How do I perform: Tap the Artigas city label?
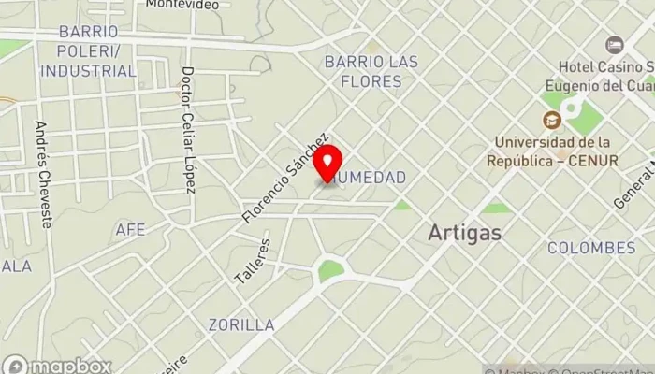(464, 233)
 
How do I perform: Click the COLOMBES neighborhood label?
(591, 248)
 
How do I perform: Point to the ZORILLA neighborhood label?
(242, 324)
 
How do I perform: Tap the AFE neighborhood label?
(130, 229)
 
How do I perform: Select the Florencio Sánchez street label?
(286, 177)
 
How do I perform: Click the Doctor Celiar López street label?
(188, 130)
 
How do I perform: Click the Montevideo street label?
(182, 5)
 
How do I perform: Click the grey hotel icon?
(614, 45)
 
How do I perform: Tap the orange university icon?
(551, 119)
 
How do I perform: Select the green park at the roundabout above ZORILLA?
(329, 270)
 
